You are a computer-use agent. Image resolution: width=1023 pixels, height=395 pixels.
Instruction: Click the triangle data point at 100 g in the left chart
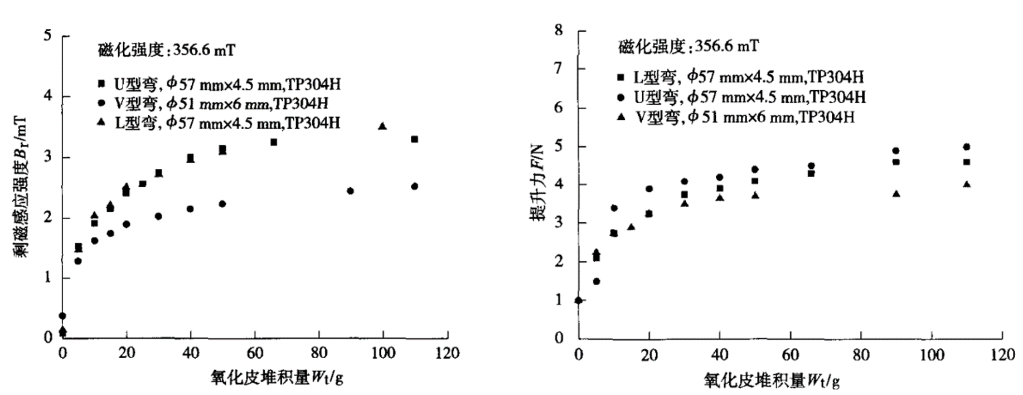click(x=382, y=126)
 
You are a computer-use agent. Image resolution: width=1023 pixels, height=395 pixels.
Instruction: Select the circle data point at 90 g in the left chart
click(x=351, y=191)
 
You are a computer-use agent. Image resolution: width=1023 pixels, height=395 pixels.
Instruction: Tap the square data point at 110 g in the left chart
click(x=414, y=139)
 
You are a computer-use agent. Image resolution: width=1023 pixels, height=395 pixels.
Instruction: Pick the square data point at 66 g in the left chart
click(x=274, y=143)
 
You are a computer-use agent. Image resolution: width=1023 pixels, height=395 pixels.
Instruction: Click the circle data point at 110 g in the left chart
click(x=414, y=187)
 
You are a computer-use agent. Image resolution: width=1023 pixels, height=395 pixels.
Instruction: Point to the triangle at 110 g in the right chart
click(x=967, y=184)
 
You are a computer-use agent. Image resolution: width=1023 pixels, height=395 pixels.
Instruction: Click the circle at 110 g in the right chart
click(x=967, y=147)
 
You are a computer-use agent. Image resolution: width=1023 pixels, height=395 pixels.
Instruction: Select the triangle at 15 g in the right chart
click(x=631, y=227)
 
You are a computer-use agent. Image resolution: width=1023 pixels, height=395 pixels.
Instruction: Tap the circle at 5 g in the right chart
click(x=597, y=281)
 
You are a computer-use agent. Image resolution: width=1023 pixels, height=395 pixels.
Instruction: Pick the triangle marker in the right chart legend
click(x=623, y=118)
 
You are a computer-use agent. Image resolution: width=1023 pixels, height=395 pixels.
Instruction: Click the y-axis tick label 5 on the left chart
click(x=48, y=36)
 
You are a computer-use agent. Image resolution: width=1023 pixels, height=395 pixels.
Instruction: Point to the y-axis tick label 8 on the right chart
click(x=559, y=30)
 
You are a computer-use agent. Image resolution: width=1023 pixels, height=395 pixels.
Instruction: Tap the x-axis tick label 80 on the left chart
click(x=319, y=353)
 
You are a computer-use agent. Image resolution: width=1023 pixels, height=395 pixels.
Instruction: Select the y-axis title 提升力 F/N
click(x=538, y=183)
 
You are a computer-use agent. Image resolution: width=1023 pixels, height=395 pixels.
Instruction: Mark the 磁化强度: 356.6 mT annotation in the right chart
click(x=689, y=46)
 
